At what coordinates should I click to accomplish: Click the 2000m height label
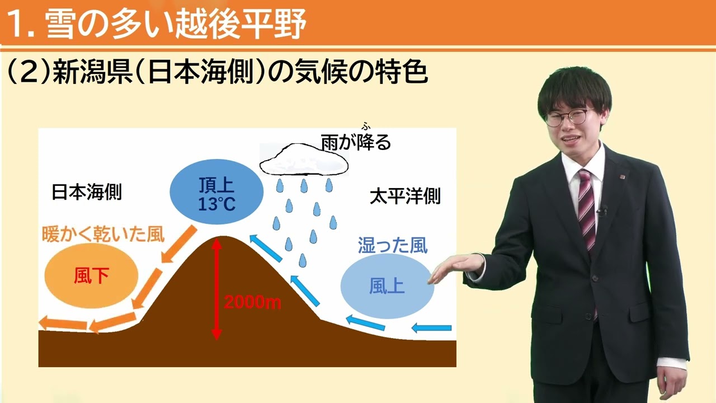pos(252,303)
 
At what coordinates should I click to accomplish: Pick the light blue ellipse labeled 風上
pos(387,286)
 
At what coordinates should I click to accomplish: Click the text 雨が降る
pos(355,142)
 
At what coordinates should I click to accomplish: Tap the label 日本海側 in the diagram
pos(87,193)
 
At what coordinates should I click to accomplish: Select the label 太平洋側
pos(405,196)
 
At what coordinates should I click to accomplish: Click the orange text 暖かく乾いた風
pos(103,234)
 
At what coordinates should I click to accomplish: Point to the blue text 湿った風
pos(393,245)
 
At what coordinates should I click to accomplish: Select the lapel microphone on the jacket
pos(602,211)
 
